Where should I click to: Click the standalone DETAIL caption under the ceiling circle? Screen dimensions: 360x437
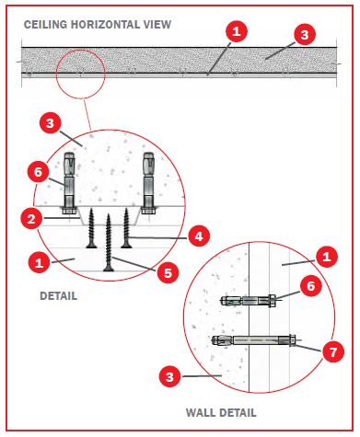pyautogui.click(x=59, y=296)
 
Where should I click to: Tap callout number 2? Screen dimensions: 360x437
pyautogui.click(x=31, y=219)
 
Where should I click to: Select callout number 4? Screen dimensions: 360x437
pyautogui.click(x=199, y=236)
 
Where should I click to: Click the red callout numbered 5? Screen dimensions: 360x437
pyautogui.click(x=168, y=272)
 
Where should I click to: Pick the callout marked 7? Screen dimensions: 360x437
pyautogui.click(x=333, y=351)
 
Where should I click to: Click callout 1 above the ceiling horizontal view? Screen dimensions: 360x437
pyautogui.click(x=237, y=31)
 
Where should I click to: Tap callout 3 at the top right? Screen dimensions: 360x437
pyautogui.click(x=305, y=35)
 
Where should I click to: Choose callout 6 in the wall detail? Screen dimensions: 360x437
pyautogui.click(x=311, y=285)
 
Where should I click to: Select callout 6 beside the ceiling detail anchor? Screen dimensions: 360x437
pyautogui.click(x=38, y=172)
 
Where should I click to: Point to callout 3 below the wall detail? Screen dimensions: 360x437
pyautogui.click(x=170, y=376)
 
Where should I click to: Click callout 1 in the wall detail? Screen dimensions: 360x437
pyautogui.click(x=327, y=256)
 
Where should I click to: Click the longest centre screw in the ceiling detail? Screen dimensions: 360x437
pyautogui.click(x=109, y=243)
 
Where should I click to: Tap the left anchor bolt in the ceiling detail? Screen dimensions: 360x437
pyautogui.click(x=69, y=183)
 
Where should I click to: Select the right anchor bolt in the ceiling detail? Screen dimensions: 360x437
pyautogui.click(x=149, y=183)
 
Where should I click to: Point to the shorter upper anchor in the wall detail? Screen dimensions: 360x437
pyautogui.click(x=249, y=300)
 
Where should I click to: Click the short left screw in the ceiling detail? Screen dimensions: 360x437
pyautogui.click(x=91, y=228)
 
